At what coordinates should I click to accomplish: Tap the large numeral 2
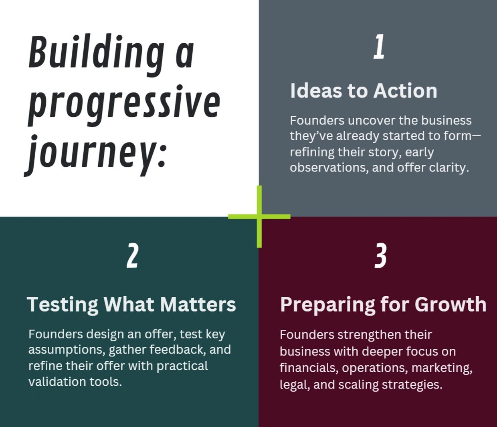(x=132, y=255)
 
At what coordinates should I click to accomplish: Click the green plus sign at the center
(x=259, y=217)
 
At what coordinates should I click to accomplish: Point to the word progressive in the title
(x=124, y=105)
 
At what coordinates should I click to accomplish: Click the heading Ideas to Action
(x=364, y=91)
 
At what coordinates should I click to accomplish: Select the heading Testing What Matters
(x=131, y=304)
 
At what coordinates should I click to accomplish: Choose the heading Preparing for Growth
(x=383, y=304)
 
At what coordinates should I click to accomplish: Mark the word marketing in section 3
(x=442, y=368)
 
